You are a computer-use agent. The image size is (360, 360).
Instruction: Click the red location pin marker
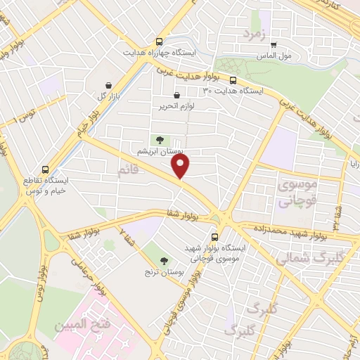pyautogui.click(x=181, y=167)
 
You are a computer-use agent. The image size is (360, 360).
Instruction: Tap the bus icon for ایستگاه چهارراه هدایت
pyautogui.click(x=160, y=41)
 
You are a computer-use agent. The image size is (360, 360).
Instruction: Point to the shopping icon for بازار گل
pyautogui.click(x=108, y=85)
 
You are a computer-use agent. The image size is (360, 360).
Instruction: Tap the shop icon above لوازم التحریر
pyautogui.click(x=176, y=96)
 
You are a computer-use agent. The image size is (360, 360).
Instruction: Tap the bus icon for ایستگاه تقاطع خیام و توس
pyautogui.click(x=46, y=169)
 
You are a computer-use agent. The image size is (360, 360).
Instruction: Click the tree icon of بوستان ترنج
pyautogui.click(x=164, y=260)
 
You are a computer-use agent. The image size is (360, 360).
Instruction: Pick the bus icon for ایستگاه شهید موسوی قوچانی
pyautogui.click(x=215, y=237)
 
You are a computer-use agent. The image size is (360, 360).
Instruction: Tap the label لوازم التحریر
pyautogui.click(x=176, y=106)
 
